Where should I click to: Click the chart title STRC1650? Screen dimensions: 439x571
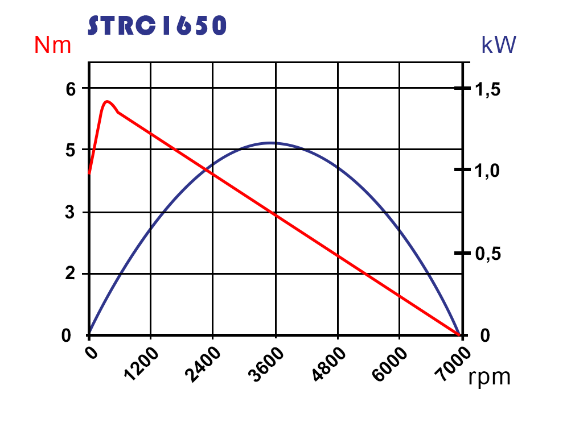(x=158, y=25)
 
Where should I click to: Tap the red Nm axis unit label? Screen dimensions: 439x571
(x=53, y=45)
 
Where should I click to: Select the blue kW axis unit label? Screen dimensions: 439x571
(x=498, y=45)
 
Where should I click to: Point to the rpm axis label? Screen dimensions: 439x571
(x=489, y=376)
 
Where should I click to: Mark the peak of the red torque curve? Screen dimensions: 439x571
(x=107, y=102)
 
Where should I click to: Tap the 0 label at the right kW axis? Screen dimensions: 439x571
(x=484, y=336)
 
